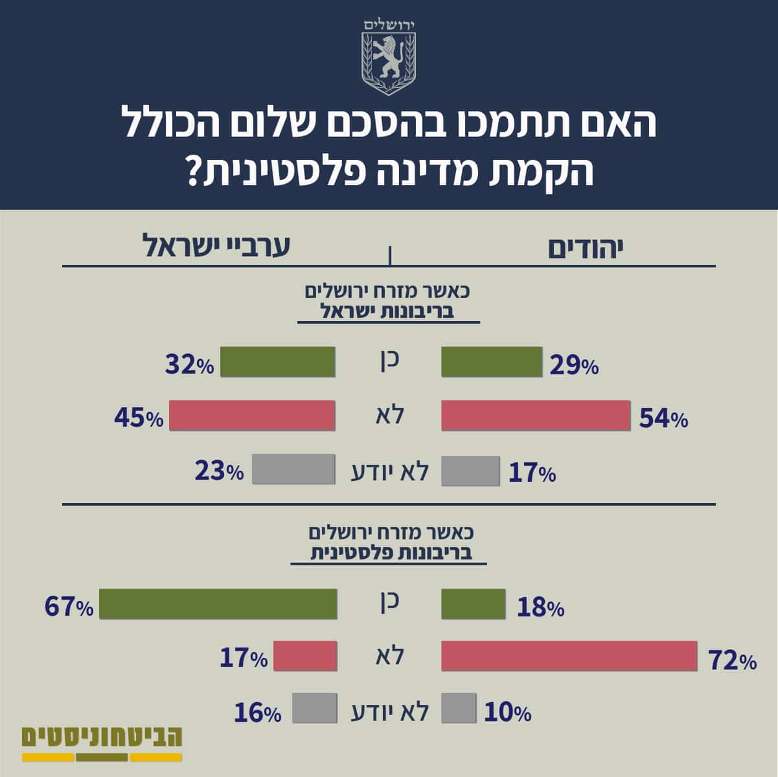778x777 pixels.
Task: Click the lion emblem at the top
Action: (x=389, y=63)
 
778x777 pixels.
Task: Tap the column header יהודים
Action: (x=586, y=248)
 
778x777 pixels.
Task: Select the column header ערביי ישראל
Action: (x=216, y=246)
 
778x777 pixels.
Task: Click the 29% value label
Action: (x=574, y=366)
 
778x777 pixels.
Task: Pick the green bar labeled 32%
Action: (x=277, y=362)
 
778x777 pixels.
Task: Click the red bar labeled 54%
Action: (x=536, y=415)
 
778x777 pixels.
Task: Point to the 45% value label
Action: (x=139, y=418)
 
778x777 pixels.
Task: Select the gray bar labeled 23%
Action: (x=293, y=469)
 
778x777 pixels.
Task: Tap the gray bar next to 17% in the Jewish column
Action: (x=470, y=471)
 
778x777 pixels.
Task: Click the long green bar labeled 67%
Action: (x=218, y=603)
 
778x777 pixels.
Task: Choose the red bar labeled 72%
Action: (x=569, y=656)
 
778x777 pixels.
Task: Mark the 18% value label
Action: (x=541, y=608)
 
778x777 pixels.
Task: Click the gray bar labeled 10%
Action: (x=459, y=708)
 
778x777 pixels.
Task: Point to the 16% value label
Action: (x=258, y=712)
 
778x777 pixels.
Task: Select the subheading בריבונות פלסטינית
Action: (x=391, y=553)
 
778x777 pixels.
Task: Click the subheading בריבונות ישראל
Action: (x=387, y=311)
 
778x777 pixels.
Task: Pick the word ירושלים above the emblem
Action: (x=389, y=25)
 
